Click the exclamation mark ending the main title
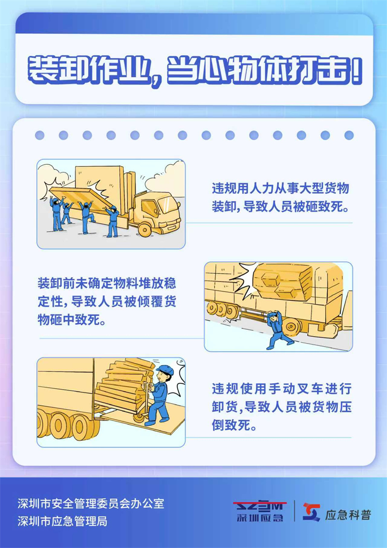click(x=357, y=73)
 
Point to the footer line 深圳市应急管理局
click(x=63, y=521)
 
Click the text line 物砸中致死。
click(x=73, y=321)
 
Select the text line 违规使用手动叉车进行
click(x=281, y=389)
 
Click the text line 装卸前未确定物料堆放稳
click(x=107, y=282)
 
